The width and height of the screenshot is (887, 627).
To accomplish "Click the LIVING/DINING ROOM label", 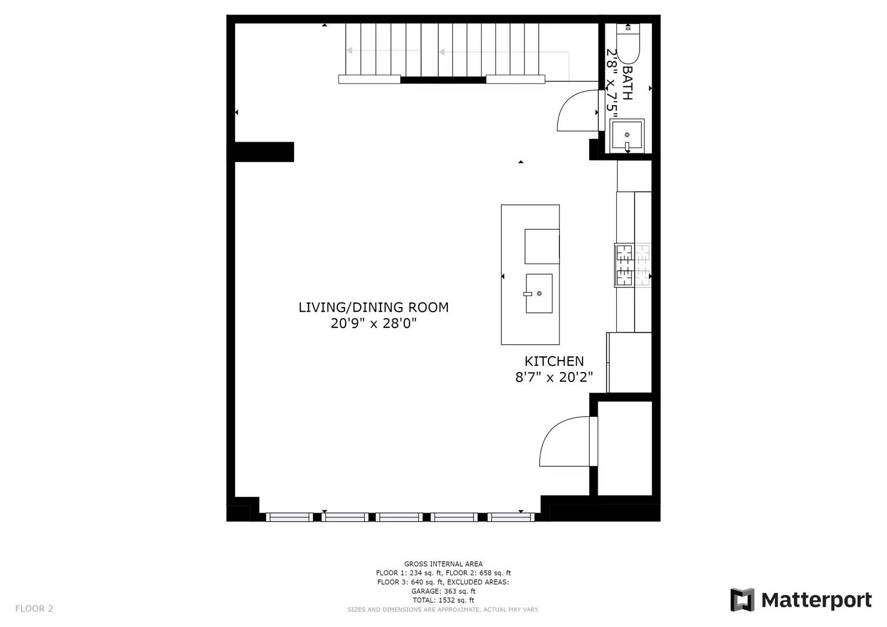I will click(x=374, y=308).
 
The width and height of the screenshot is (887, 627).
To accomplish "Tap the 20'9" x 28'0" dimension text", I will click(x=374, y=323).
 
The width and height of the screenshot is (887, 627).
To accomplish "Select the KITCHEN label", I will click(x=554, y=361).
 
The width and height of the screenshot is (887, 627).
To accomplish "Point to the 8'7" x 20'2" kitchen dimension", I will click(x=554, y=377).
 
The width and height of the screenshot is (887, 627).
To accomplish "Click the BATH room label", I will click(x=627, y=82).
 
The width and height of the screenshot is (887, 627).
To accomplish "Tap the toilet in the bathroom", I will click(x=628, y=44).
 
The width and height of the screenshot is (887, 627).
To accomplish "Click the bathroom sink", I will click(x=627, y=136).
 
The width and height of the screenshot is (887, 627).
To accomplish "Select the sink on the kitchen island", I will click(x=538, y=294).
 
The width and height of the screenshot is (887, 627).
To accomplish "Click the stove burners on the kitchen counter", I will click(x=633, y=265).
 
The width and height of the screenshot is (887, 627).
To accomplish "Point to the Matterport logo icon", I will click(x=742, y=600).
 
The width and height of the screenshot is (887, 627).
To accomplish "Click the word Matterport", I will click(x=816, y=600).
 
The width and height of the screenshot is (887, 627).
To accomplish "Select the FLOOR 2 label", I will click(x=34, y=608).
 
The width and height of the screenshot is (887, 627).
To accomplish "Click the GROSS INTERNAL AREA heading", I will click(x=443, y=564).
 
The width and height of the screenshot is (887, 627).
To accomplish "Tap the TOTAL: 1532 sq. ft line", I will click(x=443, y=600).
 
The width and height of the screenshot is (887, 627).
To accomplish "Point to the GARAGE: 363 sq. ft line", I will click(x=443, y=591).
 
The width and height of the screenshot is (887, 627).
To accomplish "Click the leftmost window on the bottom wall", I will click(x=289, y=517).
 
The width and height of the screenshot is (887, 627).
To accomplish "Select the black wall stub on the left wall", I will click(x=264, y=152).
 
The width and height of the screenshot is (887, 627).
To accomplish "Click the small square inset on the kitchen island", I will click(x=542, y=246).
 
